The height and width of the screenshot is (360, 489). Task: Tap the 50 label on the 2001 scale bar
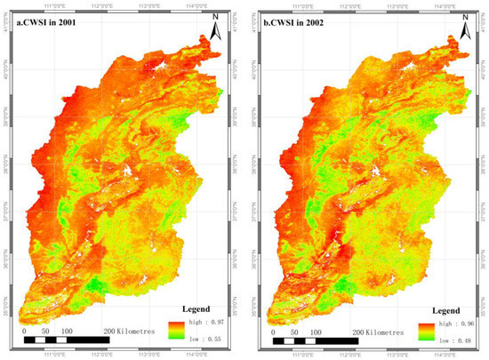(46, 331)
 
